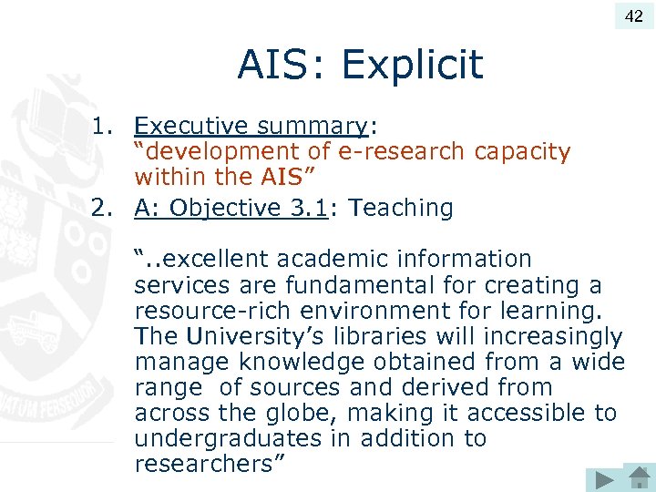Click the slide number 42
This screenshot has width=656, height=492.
point(633,15)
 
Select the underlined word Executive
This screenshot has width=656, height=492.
point(191,125)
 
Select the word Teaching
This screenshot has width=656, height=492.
point(402,209)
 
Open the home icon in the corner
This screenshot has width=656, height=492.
point(638,477)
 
